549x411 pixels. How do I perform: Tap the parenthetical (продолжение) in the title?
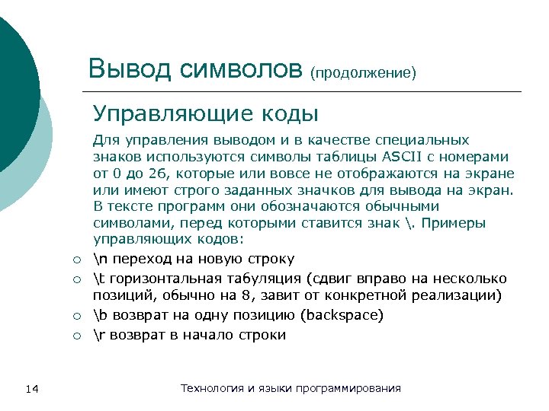pyautogui.click(x=363, y=73)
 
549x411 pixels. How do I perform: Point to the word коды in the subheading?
pyautogui.click(x=290, y=114)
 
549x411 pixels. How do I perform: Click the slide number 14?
pyautogui.click(x=32, y=389)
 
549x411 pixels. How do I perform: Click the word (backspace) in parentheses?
pyautogui.click(x=343, y=315)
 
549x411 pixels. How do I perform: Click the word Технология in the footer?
pyautogui.click(x=212, y=388)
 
